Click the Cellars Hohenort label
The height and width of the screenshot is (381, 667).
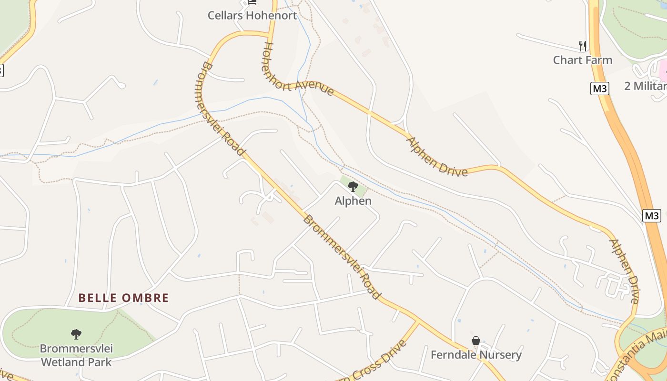(x=252, y=15)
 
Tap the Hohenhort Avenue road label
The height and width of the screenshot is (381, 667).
(x=295, y=71)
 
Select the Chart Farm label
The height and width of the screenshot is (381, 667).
(x=582, y=60)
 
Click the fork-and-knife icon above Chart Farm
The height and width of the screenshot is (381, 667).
(x=582, y=46)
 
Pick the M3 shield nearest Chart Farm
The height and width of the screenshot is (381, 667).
(x=599, y=89)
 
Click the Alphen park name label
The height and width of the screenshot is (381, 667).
(x=353, y=201)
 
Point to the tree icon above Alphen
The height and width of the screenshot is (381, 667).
(x=353, y=186)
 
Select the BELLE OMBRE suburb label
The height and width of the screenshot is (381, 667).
(x=123, y=298)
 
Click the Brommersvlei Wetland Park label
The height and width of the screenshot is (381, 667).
(x=76, y=355)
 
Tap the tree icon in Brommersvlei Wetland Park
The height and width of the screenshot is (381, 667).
(x=76, y=334)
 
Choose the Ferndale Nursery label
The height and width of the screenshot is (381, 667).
(x=476, y=355)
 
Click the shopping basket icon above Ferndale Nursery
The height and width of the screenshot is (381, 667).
(x=476, y=341)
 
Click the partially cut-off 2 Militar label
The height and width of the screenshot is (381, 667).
(x=646, y=86)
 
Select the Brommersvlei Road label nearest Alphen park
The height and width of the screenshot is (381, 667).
(x=342, y=257)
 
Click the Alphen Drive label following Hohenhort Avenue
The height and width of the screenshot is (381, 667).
(x=436, y=157)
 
